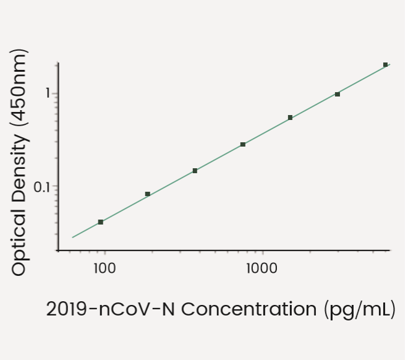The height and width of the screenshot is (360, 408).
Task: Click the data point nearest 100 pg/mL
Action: (x=101, y=221)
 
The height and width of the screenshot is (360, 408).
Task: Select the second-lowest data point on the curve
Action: (x=148, y=194)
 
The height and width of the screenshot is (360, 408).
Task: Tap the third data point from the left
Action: (x=195, y=171)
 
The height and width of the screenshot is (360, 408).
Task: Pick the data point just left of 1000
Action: (x=243, y=144)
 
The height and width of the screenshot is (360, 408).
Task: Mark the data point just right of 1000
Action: (x=290, y=118)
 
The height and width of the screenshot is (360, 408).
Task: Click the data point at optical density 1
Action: (x=338, y=94)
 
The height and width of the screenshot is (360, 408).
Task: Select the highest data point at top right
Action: (x=385, y=64)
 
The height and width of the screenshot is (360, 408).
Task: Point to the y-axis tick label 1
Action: (x=46, y=94)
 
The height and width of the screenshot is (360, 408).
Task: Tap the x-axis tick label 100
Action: (x=104, y=268)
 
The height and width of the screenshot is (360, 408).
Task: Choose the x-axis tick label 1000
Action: (x=262, y=268)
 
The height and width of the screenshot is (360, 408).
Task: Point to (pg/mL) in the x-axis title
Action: (x=359, y=309)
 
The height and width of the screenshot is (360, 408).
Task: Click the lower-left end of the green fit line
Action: (x=73, y=237)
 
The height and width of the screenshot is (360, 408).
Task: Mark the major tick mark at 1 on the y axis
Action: (x=56, y=94)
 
